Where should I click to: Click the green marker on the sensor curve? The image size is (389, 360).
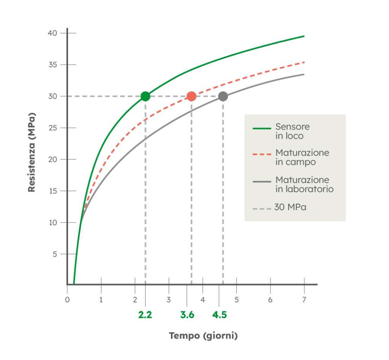point(145,96)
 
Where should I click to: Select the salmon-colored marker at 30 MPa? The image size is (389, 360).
point(191,96)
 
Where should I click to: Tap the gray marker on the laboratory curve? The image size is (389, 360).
point(223,96)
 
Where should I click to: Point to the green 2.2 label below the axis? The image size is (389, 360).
point(145,315)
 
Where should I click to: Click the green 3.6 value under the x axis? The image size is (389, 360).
point(187,315)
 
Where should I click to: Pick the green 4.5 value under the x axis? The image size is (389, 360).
point(220,315)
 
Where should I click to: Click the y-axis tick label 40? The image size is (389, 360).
point(52,33)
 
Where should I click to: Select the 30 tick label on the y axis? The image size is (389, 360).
point(52,96)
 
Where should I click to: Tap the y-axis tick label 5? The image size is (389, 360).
point(54,254)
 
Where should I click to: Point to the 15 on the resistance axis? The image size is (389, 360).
point(52,191)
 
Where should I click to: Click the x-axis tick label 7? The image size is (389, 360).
point(304,300)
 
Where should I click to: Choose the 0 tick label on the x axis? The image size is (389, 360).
point(67,300)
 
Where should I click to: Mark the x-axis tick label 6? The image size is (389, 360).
point(270,300)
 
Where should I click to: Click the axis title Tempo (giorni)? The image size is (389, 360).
point(203,336)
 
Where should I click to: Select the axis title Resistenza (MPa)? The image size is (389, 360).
point(32,152)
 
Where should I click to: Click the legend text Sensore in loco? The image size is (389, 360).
point(292,131)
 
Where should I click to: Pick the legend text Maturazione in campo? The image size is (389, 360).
point(302,157)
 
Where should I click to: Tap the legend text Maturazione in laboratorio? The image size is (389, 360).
point(304,184)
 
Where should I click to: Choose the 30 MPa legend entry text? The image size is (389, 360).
point(291,208)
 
